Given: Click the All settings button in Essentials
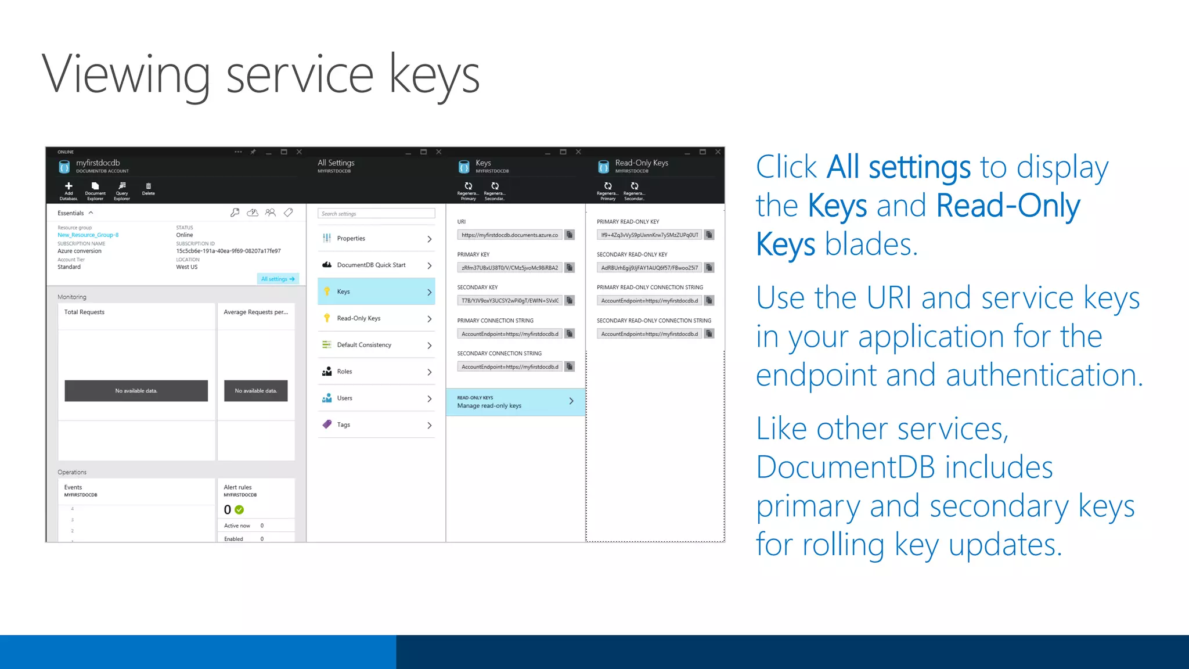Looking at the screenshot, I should pyautogui.click(x=278, y=279).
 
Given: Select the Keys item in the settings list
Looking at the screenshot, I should pyautogui.click(x=376, y=292).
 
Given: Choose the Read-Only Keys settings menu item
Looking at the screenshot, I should pyautogui.click(x=376, y=318).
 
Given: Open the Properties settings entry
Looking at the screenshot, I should pyautogui.click(x=376, y=238).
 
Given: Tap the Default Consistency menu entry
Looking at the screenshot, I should pyautogui.click(x=376, y=345).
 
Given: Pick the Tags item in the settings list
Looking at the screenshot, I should pyautogui.click(x=376, y=425).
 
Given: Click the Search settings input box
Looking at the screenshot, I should pyautogui.click(x=376, y=214).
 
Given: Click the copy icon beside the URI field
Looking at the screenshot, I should pyautogui.click(x=570, y=235).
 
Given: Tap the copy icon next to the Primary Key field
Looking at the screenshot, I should pyautogui.click(x=570, y=268).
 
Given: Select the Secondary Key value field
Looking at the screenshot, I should pyautogui.click(x=510, y=301).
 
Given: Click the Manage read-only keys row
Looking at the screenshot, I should pyautogui.click(x=515, y=402).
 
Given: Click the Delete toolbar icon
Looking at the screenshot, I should pyautogui.click(x=149, y=189).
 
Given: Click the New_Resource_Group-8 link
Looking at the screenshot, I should pyautogui.click(x=88, y=235).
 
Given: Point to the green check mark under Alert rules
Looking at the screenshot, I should pyautogui.click(x=239, y=510).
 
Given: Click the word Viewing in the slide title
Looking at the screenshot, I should pyautogui.click(x=125, y=75).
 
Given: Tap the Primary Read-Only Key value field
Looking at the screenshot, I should pyautogui.click(x=650, y=235).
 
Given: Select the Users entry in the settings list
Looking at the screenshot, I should pyautogui.click(x=376, y=398).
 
